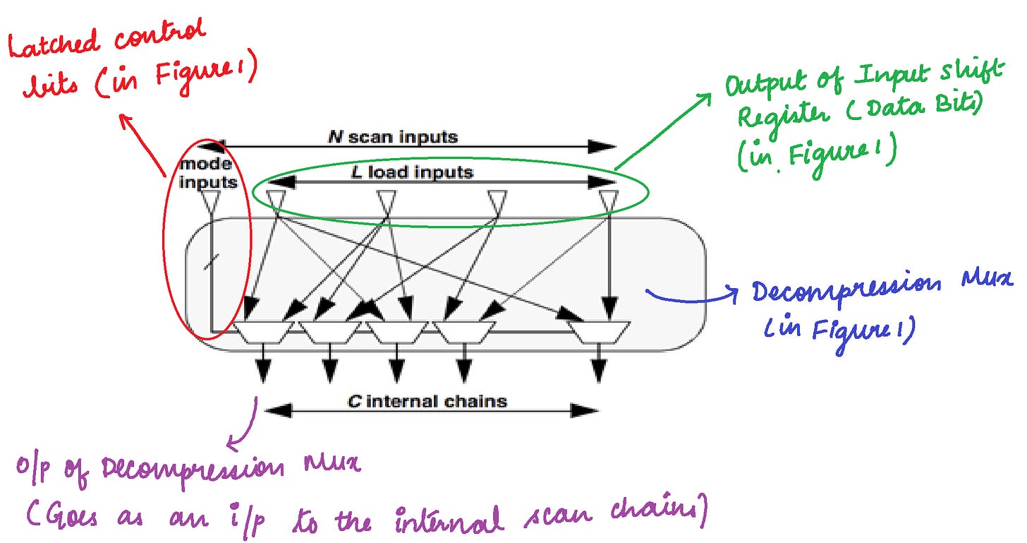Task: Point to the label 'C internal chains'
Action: tap(427, 402)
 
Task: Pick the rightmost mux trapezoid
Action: tap(599, 331)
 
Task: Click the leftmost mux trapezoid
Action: tap(262, 331)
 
